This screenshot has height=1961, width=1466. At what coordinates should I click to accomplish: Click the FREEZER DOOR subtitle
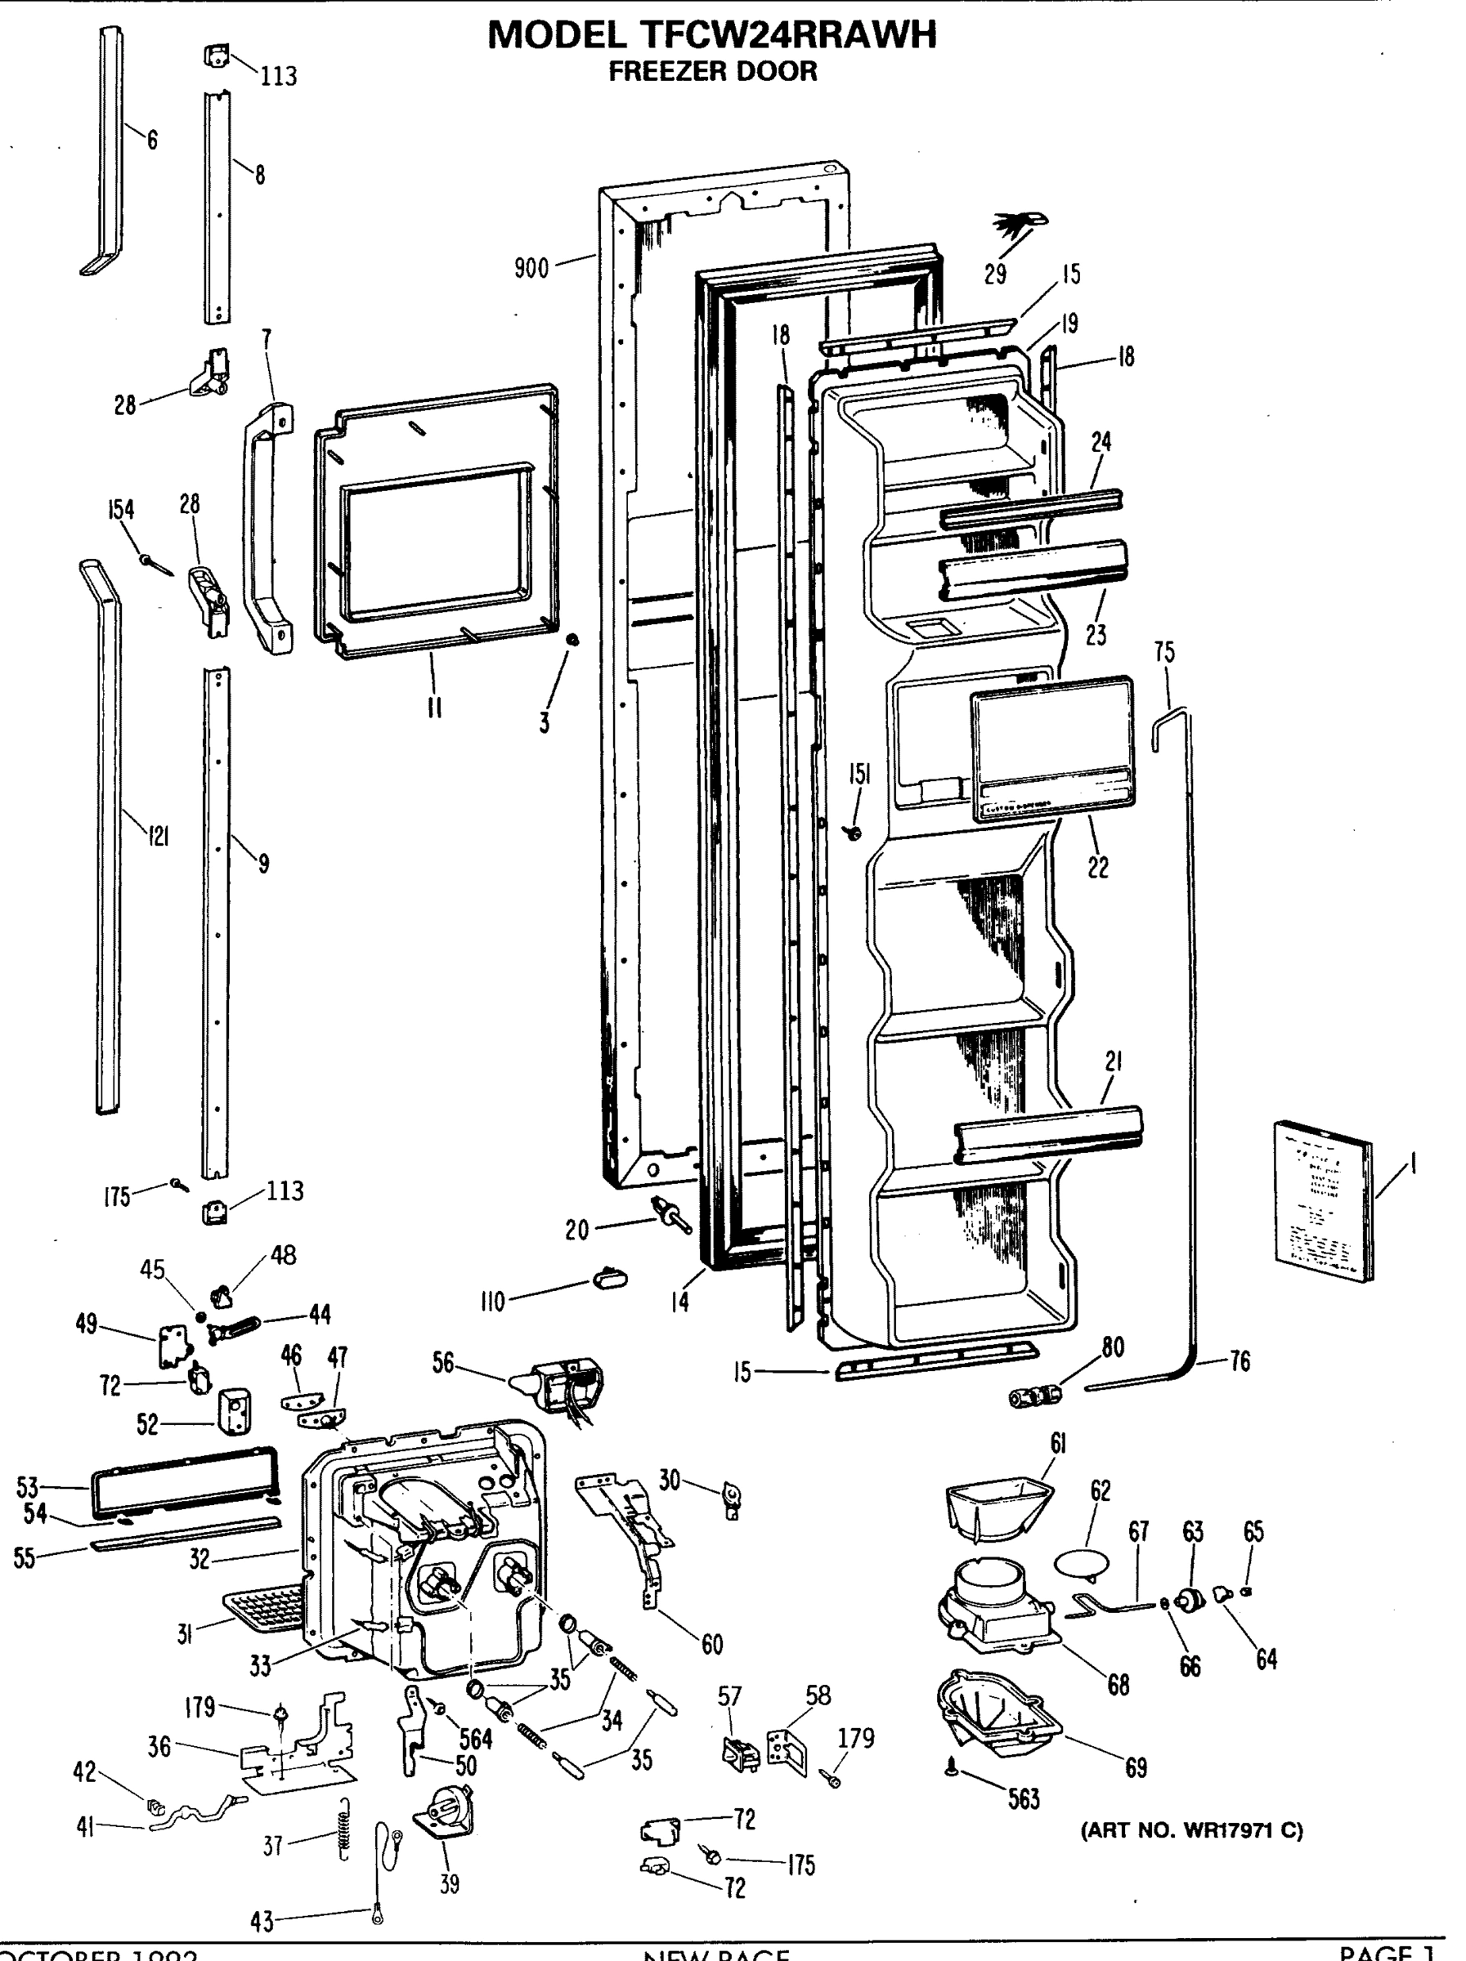coord(711,71)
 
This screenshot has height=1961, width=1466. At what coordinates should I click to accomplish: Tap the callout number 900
coord(531,268)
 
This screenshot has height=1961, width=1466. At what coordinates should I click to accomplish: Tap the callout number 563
coord(1024,1798)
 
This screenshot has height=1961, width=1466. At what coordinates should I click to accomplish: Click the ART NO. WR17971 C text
coord(1191,1829)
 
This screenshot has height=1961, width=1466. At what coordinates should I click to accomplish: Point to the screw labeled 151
coord(854,832)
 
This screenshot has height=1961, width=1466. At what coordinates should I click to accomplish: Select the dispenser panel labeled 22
coord(1051,748)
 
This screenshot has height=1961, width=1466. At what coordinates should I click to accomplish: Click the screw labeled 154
coord(156,563)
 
